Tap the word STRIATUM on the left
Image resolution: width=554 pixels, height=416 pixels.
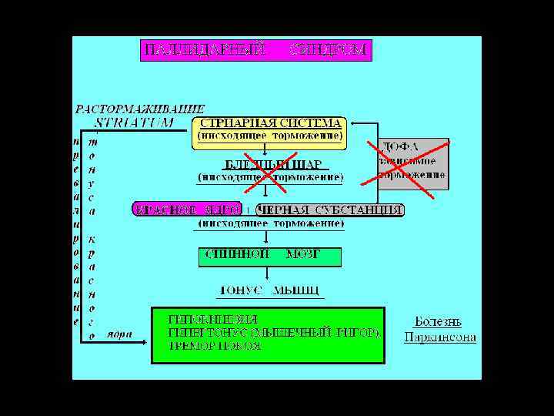pyautogui.click(x=135, y=122)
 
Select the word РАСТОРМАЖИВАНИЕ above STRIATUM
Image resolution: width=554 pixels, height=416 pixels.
pyautogui.click(x=140, y=109)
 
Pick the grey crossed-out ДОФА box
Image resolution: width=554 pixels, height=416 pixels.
pyautogui.click(x=412, y=163)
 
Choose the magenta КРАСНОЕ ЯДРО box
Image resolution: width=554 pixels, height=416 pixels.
pyautogui.click(x=187, y=210)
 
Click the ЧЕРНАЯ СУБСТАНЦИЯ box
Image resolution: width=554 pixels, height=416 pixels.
pyautogui.click(x=330, y=210)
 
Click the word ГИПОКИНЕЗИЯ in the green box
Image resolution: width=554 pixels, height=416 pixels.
pyautogui.click(x=214, y=318)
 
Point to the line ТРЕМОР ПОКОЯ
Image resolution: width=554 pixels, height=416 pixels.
pyautogui.click(x=215, y=346)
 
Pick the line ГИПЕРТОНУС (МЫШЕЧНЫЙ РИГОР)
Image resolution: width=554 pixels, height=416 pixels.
pyautogui.click(x=273, y=332)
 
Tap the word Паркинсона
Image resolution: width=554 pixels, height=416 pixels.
pyautogui.click(x=440, y=337)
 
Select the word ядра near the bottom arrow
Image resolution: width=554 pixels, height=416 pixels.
pyautogui.click(x=119, y=334)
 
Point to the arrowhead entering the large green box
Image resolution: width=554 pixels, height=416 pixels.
pyautogui.click(x=145, y=341)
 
